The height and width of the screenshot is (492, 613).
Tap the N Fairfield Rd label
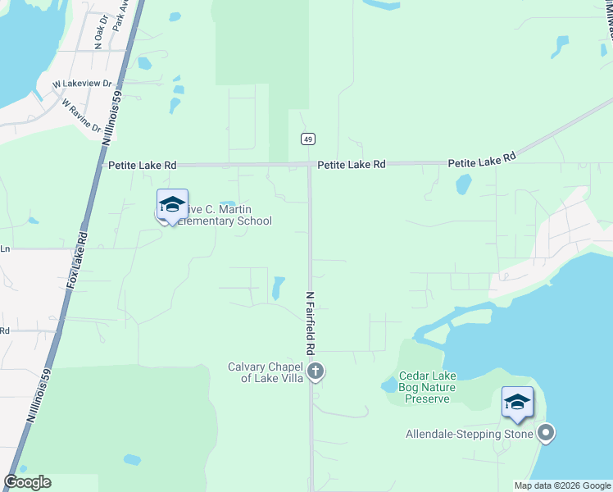[311, 323]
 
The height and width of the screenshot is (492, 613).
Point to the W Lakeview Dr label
[82, 84]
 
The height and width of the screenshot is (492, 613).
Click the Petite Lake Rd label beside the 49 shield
[352, 165]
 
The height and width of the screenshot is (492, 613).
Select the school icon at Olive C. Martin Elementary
[172, 205]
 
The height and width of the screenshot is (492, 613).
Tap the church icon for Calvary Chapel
[315, 373]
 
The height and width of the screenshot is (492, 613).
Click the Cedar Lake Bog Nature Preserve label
[428, 387]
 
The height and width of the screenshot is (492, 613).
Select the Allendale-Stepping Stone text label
[470, 434]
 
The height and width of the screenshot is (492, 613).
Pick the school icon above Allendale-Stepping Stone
[517, 402]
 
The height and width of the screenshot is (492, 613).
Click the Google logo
[27, 482]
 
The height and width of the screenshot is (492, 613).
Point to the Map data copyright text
[562, 485]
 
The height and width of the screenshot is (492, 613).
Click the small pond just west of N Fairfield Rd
[277, 287]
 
